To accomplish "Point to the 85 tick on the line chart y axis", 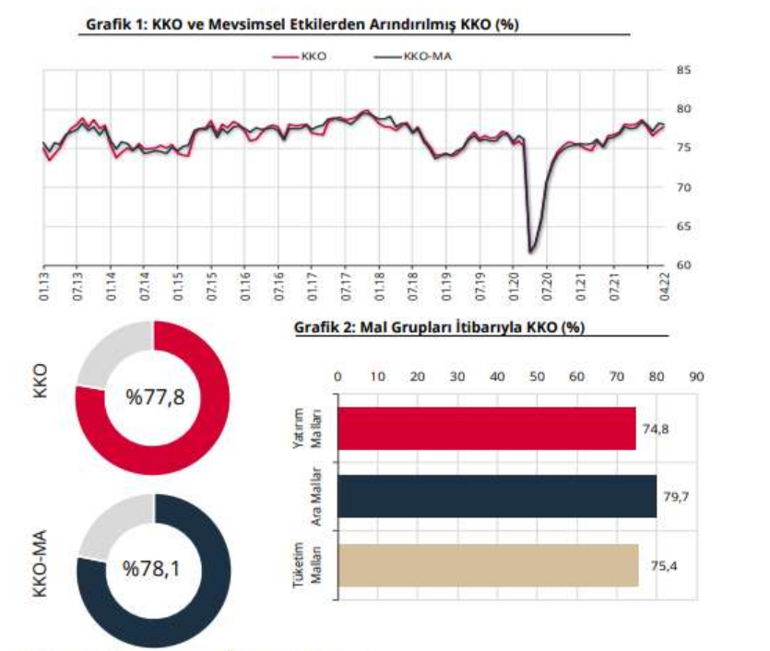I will (683, 70).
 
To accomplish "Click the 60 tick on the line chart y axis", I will (683, 266).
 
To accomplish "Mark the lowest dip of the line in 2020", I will (531, 250).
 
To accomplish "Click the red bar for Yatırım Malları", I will (487, 429).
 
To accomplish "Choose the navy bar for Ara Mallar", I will (497, 497).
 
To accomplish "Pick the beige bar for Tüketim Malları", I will (488, 565).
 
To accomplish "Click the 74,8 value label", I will (655, 429).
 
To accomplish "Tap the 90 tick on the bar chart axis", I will (696, 376).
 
